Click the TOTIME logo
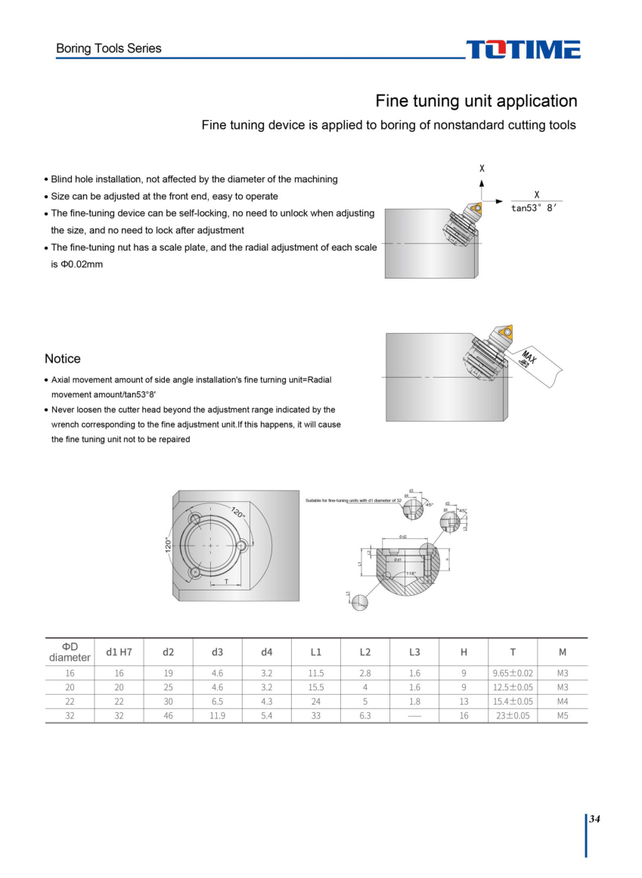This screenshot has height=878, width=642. (523, 49)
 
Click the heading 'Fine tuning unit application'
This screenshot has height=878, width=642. (476, 101)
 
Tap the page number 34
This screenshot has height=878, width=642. (594, 819)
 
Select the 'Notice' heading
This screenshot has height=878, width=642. (63, 359)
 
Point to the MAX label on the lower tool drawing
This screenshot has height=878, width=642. (529, 358)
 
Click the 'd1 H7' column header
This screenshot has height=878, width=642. (119, 652)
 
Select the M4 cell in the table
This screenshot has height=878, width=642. (562, 701)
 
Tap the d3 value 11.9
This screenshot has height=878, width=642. (217, 715)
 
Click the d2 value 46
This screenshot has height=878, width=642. (168, 715)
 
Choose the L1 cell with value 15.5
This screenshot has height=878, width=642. (316, 687)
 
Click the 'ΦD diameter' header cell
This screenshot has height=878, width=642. (70, 652)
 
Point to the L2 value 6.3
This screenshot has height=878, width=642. (365, 715)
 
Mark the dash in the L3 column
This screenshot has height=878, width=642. (414, 715)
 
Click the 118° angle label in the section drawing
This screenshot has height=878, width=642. (411, 574)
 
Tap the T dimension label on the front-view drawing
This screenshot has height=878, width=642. (226, 581)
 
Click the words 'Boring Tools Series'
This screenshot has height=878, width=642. (109, 48)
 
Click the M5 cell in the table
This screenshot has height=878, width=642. (562, 715)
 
